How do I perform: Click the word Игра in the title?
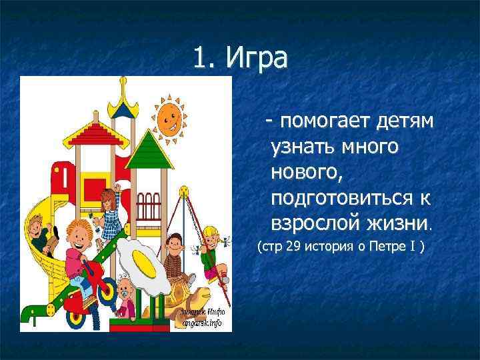257,59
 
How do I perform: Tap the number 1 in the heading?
201,59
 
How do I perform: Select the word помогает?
319,122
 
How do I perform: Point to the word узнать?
303,147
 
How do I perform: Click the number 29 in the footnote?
293,248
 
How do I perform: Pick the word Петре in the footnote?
389,248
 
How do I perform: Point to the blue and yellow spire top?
122,93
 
